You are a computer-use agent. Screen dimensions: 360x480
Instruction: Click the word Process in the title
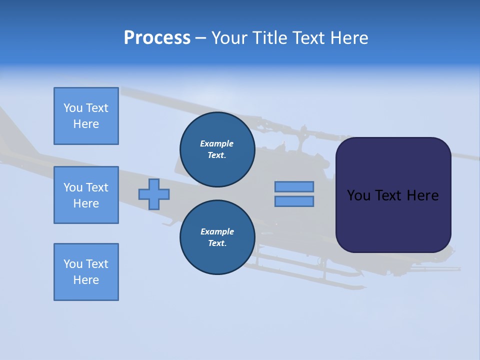157,38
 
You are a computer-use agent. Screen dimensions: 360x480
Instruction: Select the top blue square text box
86,116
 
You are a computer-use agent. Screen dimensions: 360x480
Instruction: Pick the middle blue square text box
86,195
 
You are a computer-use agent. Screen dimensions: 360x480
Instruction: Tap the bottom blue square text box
86,272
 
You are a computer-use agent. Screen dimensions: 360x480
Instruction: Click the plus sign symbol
154,194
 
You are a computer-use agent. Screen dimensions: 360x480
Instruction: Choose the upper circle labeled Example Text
217,149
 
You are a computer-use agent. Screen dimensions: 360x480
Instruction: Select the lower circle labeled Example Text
217,237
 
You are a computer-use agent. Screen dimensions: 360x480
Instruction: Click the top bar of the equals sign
294,186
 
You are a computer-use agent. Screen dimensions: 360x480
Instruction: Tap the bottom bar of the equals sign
294,201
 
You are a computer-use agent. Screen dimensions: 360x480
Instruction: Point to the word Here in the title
347,38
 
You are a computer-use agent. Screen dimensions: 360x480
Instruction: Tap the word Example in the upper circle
217,144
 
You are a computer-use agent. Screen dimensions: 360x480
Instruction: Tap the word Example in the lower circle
217,232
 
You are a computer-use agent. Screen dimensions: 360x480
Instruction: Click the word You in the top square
73,108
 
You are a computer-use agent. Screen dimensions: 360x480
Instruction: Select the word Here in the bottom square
86,280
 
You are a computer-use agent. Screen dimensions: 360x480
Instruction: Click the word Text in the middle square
96,188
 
